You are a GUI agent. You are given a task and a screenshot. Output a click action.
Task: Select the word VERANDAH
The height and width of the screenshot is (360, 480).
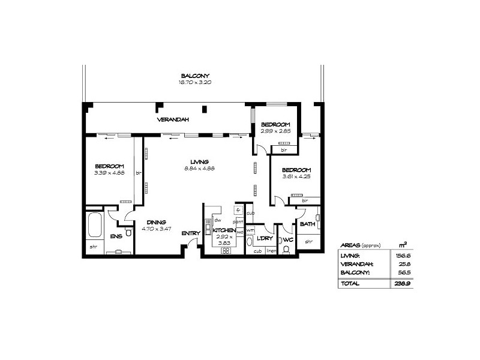pyautogui.click(x=173, y=120)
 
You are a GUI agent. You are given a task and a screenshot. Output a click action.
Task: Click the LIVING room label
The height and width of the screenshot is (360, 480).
pyautogui.click(x=199, y=162)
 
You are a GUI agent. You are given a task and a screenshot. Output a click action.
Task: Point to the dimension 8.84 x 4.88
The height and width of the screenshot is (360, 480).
pyautogui.click(x=200, y=169)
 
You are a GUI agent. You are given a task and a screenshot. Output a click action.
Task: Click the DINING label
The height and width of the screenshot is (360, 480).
pyautogui.click(x=156, y=222)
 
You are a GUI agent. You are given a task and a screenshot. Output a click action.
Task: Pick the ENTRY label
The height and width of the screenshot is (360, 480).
pyautogui.click(x=191, y=233)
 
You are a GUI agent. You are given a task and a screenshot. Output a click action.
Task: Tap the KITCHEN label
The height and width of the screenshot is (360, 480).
pyautogui.click(x=224, y=230)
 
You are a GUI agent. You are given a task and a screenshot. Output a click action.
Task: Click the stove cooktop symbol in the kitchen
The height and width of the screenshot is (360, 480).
pyautogui.click(x=226, y=251)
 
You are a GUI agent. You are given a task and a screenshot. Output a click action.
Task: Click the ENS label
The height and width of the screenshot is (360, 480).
pyautogui.click(x=115, y=236)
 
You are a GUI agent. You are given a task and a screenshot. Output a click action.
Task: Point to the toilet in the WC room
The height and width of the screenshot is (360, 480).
pyautogui.click(x=286, y=250)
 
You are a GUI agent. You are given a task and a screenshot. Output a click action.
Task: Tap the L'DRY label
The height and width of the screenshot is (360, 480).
pyautogui.click(x=265, y=239)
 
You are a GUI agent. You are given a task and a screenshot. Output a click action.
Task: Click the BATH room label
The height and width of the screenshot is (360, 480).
pyautogui.click(x=307, y=224)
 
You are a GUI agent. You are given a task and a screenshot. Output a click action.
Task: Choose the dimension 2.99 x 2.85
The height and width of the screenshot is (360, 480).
pyautogui.click(x=275, y=131)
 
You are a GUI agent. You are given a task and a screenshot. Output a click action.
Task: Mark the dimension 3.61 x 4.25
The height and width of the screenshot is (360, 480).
pyautogui.click(x=297, y=176)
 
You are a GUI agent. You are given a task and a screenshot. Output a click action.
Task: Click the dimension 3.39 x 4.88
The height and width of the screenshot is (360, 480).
pyautogui.click(x=109, y=173)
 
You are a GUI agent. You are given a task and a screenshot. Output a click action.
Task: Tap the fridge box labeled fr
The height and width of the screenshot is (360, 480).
pyautogui.click(x=238, y=211)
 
